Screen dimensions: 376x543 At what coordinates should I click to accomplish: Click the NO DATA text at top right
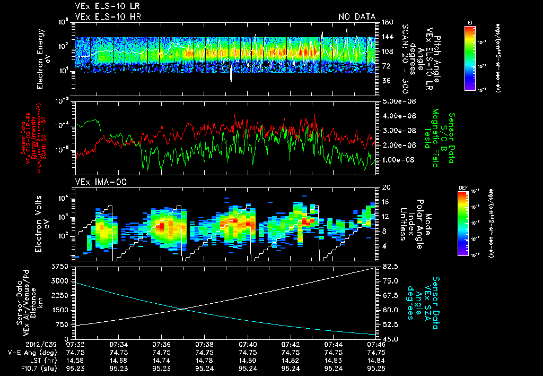(x=357, y=16)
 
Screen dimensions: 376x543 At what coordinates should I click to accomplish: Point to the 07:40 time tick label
(x=248, y=345)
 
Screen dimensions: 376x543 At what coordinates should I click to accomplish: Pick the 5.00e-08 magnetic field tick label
(x=398, y=101)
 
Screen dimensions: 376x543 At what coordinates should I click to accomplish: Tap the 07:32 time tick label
(x=75, y=345)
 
